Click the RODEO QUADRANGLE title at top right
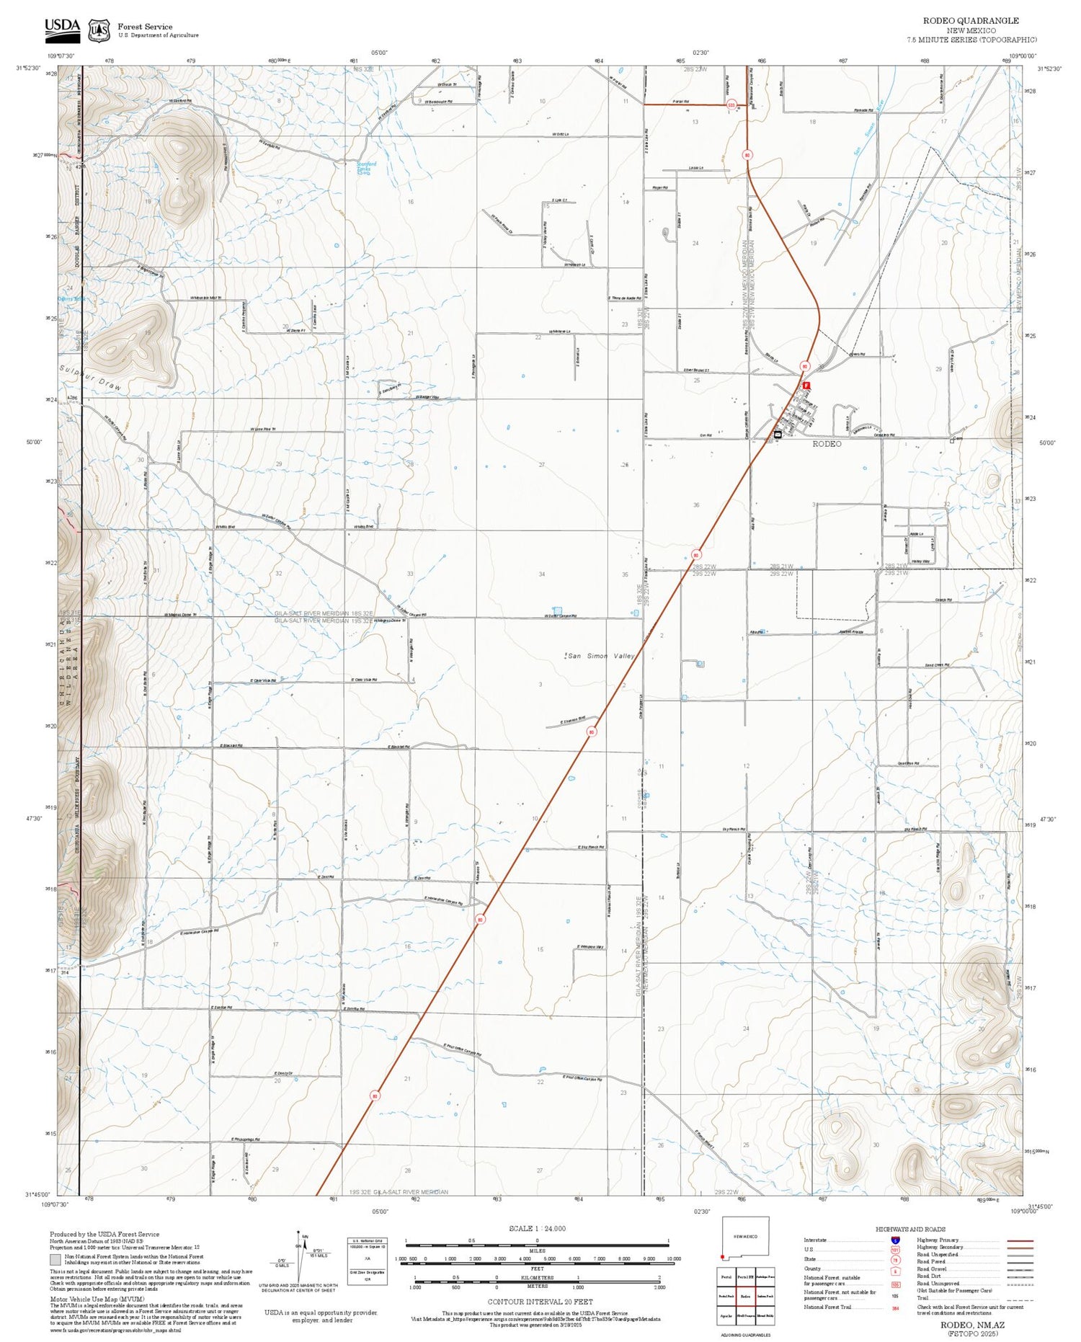(x=971, y=21)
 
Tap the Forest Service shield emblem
(x=99, y=30)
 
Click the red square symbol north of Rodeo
(x=806, y=386)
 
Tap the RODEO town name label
(x=827, y=444)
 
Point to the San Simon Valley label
(x=600, y=656)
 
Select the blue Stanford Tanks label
(x=367, y=167)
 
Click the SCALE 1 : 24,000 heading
(x=537, y=1228)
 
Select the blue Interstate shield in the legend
(x=895, y=1240)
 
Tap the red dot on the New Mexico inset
(x=722, y=1257)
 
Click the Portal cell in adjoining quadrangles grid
(x=726, y=1277)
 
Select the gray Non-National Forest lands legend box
(x=55, y=1259)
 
